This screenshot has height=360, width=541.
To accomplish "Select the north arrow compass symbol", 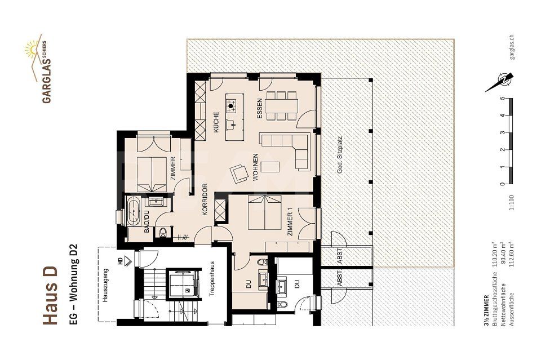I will [501, 82].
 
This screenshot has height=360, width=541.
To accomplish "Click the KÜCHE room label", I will [216, 122].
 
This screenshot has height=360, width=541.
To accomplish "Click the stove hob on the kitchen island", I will [231, 104].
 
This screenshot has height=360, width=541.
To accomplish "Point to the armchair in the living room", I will [240, 172].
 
